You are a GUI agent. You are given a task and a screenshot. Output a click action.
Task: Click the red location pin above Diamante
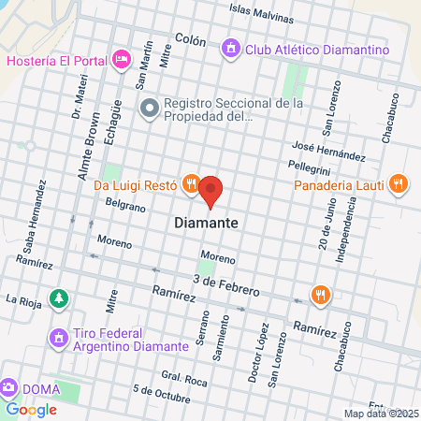pos(210,190)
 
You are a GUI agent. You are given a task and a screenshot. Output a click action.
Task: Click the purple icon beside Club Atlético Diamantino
pos(228,46)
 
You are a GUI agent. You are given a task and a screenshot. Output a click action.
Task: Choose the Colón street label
pos(191,39)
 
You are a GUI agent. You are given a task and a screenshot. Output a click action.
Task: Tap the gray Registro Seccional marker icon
pos(148,109)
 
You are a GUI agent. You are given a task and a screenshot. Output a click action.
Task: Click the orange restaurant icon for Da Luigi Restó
pos(190,184)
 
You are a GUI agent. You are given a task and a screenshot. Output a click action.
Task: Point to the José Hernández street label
pos(327,151)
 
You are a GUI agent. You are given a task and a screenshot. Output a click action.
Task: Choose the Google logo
pos(31,409)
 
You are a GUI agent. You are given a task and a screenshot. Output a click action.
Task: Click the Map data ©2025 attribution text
pos(381,414)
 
